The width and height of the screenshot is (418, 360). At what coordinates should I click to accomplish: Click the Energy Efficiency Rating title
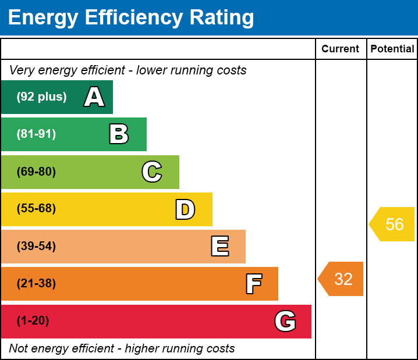click(x=131, y=18)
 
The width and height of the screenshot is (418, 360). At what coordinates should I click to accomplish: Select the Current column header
click(x=341, y=49)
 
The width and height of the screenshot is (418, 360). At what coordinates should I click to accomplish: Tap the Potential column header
click(x=392, y=49)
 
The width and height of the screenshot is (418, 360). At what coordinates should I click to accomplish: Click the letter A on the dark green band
click(x=94, y=97)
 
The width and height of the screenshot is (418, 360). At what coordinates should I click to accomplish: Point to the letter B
click(x=119, y=134)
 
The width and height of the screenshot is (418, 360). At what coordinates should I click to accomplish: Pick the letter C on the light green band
click(x=152, y=172)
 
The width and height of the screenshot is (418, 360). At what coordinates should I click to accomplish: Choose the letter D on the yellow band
click(x=185, y=209)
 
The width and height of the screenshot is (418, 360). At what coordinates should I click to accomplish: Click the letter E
click(x=219, y=247)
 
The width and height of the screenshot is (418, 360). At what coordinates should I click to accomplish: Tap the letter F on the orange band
click(x=253, y=284)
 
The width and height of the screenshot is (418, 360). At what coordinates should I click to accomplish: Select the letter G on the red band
click(x=285, y=321)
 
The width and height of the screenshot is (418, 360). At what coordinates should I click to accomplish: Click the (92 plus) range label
click(x=41, y=97)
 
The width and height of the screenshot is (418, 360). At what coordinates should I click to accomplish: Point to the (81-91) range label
click(x=36, y=134)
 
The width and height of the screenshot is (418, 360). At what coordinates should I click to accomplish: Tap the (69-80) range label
click(x=36, y=172)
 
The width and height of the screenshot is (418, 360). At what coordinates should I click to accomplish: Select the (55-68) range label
click(x=36, y=209)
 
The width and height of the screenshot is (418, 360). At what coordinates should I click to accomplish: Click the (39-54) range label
click(x=36, y=246)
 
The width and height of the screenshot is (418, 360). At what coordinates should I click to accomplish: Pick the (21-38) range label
click(x=36, y=284)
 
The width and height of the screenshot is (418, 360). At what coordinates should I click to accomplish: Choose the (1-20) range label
click(x=33, y=321)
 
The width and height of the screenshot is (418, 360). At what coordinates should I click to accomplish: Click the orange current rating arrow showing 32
click(x=342, y=279)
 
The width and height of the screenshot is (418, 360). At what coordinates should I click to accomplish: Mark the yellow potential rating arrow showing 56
click(x=393, y=224)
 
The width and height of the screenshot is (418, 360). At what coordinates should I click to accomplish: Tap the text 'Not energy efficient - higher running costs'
click(x=122, y=349)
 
